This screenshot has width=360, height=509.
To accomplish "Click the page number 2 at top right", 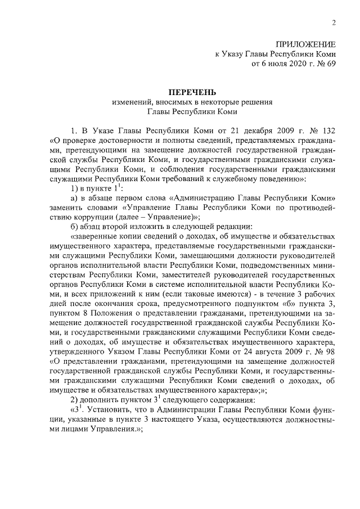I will click(334, 22).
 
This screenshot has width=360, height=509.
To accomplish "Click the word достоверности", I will click(116, 141).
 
